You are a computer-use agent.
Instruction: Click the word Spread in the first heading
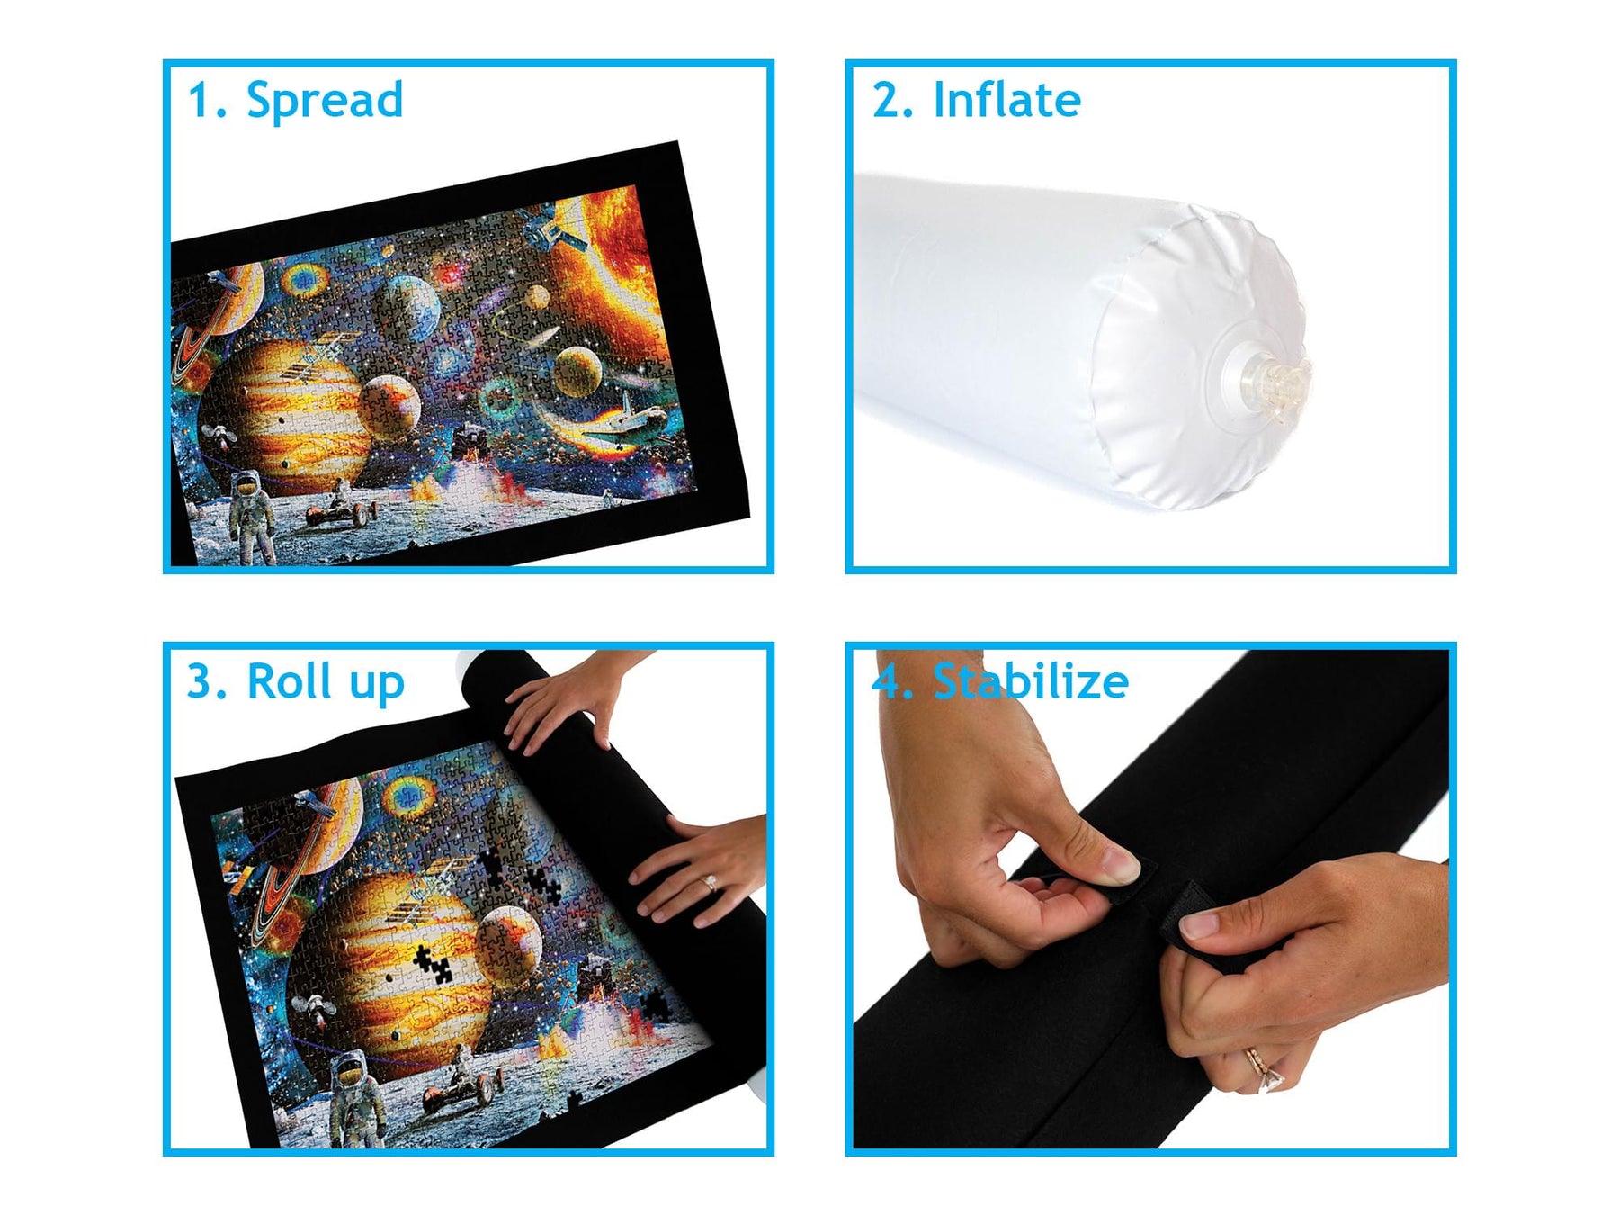pos(325,101)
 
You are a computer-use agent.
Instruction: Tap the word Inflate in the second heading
pos(1007,100)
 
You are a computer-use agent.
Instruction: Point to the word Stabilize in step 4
pos(1031,681)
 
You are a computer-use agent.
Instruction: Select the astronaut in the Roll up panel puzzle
pos(357,1096)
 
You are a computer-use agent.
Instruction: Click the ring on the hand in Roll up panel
pos(709,882)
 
